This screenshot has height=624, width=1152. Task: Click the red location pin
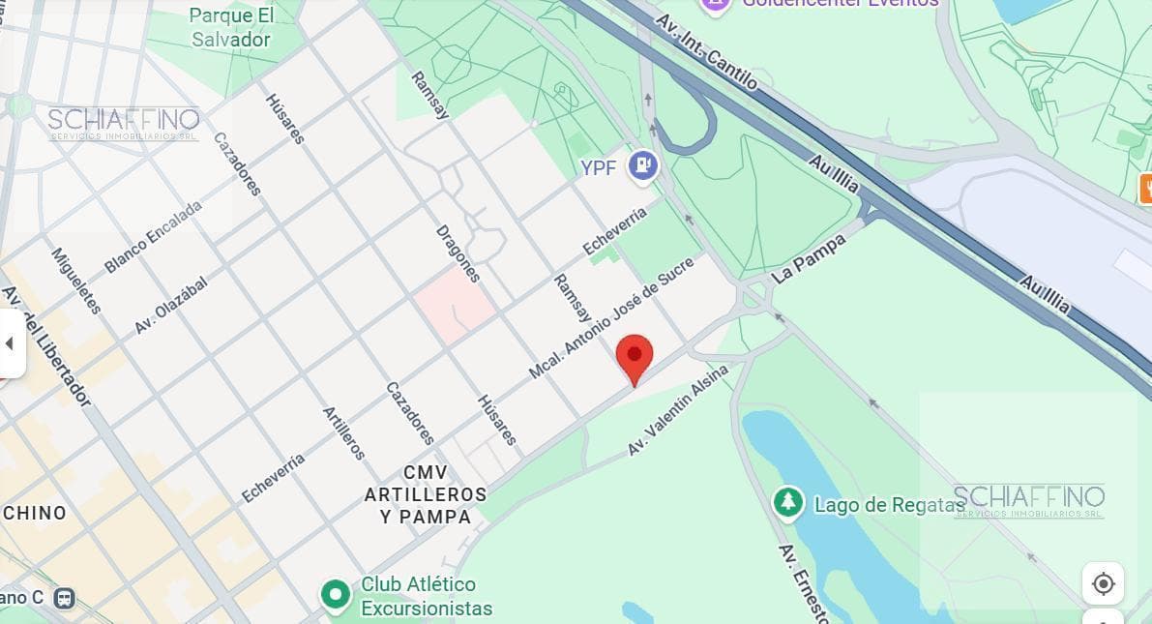click(635, 357)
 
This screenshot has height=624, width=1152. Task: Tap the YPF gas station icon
click(642, 166)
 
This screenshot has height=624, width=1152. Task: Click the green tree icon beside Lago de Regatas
click(789, 502)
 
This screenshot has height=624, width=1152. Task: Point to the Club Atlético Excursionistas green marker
click(336, 595)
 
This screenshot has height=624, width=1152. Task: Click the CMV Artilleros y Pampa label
click(426, 494)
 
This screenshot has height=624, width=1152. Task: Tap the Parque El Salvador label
click(231, 27)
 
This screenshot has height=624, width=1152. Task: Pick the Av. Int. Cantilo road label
click(706, 50)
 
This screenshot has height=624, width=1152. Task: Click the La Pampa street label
click(809, 258)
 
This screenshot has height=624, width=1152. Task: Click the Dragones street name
click(458, 253)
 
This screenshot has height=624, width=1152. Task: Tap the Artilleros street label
click(343, 432)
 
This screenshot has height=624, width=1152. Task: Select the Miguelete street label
click(76, 281)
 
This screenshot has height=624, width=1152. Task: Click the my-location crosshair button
click(1103, 583)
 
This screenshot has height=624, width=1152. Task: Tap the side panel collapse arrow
click(10, 343)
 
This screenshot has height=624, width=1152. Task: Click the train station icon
click(64, 598)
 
